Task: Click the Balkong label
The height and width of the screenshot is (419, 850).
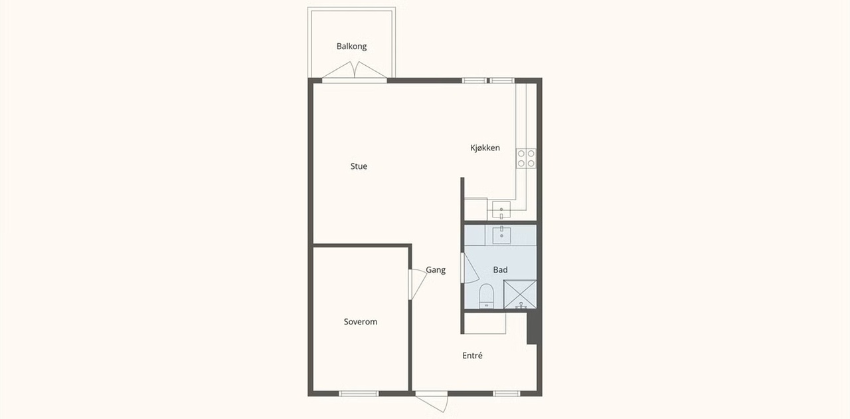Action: [x=351, y=47]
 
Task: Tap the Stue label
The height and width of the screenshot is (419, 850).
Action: [x=359, y=166]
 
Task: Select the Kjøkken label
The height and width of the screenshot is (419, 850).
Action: [x=485, y=148]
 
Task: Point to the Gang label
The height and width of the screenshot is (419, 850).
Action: [x=436, y=270]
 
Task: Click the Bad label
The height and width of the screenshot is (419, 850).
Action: [x=500, y=269]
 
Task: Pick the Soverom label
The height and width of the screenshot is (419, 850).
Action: [x=361, y=322]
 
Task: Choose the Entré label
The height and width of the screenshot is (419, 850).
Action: [x=472, y=356]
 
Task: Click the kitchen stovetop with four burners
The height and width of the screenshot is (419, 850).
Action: [x=526, y=158]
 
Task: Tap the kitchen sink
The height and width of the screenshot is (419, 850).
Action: [x=501, y=209]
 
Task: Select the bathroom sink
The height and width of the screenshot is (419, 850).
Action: [x=501, y=235]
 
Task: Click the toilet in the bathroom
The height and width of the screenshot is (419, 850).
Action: [x=486, y=296]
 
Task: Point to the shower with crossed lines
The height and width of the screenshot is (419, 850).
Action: [x=520, y=294]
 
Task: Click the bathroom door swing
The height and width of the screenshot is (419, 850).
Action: [x=469, y=268]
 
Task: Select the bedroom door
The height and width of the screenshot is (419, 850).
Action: [x=418, y=284]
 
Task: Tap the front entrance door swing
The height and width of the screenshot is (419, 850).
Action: [x=432, y=402]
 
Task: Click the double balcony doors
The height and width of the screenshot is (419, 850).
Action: [x=355, y=70]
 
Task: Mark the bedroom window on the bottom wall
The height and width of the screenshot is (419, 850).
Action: [x=359, y=394]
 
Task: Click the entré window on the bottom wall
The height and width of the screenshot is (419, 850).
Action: [x=507, y=394]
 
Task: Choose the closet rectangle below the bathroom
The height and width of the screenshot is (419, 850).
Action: [x=485, y=323]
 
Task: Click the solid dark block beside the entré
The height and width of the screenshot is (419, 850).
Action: [x=533, y=328]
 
